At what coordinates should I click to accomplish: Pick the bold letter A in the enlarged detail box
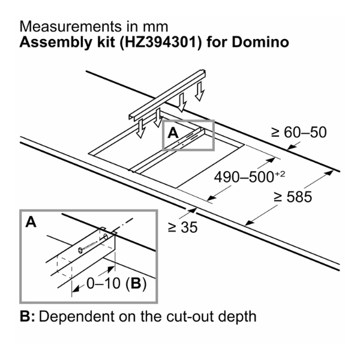coord(31,223)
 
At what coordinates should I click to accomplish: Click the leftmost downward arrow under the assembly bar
coord(140,127)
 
